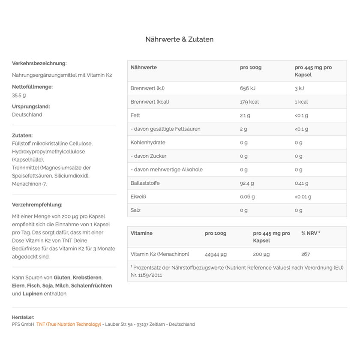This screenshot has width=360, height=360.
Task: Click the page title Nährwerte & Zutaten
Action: tap(179, 39)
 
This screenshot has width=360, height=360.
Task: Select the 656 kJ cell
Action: tap(247, 88)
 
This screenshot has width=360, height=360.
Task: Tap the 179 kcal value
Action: tap(249, 102)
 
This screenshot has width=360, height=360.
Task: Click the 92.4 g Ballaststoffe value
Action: tap(247, 183)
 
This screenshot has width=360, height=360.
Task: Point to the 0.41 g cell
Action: tap(301, 183)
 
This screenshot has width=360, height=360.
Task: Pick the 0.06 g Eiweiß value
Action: tap(247, 197)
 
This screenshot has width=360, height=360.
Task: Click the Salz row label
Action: tap(135, 210)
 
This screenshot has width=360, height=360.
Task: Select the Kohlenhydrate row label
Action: tap(147, 143)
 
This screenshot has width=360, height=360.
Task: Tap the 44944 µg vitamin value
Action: tap(216, 254)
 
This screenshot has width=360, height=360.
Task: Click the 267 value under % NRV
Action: tap(305, 254)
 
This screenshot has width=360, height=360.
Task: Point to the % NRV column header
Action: tap(310, 233)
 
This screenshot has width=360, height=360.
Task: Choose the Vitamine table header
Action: tap(141, 233)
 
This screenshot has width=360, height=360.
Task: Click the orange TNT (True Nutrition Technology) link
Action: tap(69, 324)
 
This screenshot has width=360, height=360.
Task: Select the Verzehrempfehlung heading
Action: tap(37, 205)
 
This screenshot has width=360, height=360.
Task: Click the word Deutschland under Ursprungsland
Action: tap(27, 115)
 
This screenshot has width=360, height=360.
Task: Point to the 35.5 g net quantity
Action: tap(19, 95)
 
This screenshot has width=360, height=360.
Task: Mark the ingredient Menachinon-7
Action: tap(30, 184)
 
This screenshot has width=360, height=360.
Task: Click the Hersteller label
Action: tap(23, 317)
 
